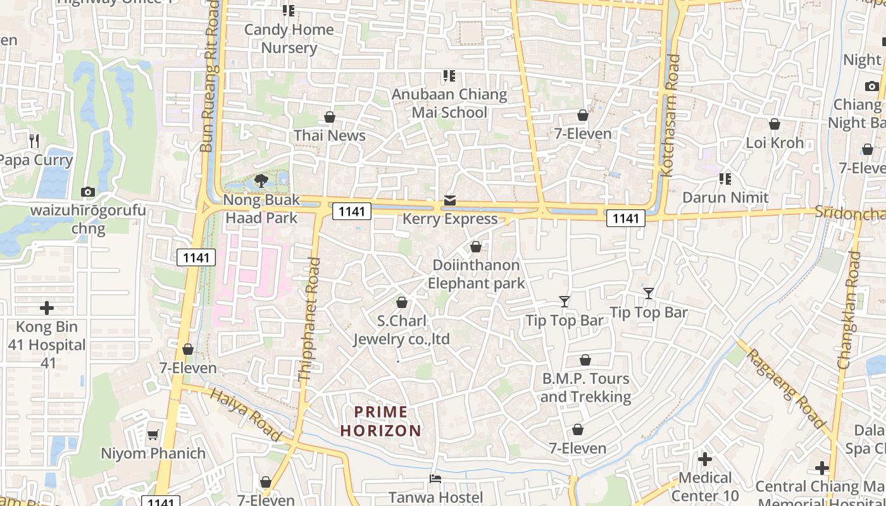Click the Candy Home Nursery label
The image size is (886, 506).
point(289,39)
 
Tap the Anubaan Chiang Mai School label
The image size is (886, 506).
point(449,104)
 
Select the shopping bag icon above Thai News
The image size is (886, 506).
point(329,117)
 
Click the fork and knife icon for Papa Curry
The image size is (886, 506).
point(34,140)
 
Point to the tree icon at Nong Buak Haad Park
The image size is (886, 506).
point(261,182)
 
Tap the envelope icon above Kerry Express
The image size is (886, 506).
point(449,201)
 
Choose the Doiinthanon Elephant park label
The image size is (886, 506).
point(476,274)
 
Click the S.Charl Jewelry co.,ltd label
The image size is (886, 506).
point(401,330)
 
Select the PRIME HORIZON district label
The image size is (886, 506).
point(380,422)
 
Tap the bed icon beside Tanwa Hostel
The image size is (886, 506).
point(435,479)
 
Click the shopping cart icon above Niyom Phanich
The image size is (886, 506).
point(153,435)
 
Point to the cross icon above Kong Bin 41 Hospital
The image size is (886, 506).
point(47,308)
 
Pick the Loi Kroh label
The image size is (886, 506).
point(775,143)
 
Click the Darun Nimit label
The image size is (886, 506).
point(725,198)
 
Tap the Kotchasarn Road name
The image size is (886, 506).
point(670,115)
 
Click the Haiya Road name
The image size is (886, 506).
point(245,414)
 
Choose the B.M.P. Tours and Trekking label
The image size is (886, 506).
point(585,388)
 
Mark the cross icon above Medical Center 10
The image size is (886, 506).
point(705,459)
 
